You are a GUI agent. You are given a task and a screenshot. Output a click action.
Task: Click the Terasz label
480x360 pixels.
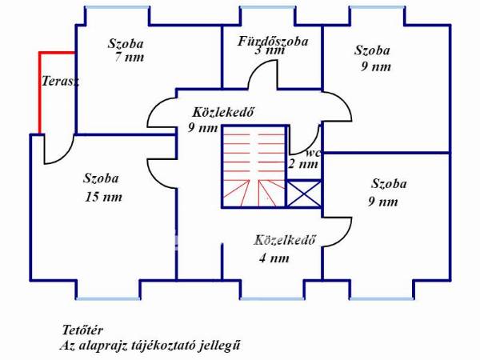click(x=60, y=81)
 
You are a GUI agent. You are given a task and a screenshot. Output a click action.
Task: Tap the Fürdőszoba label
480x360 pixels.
click(x=273, y=42)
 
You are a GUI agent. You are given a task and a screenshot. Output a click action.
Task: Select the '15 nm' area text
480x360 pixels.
click(x=103, y=197)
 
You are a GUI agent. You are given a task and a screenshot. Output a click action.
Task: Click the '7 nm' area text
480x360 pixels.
click(x=130, y=58)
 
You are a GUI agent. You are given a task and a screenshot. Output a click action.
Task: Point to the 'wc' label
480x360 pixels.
click(x=313, y=153)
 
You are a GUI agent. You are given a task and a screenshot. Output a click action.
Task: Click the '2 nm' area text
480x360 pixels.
click(x=303, y=164)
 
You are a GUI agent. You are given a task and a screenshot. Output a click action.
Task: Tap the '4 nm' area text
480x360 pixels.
click(x=274, y=258)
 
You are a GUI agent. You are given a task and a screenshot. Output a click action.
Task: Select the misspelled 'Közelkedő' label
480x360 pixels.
click(x=284, y=240)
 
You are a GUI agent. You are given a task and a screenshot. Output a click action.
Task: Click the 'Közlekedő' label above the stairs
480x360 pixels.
click(x=223, y=112)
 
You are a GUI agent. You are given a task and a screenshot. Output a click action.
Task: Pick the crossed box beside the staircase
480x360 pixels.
click(x=304, y=194)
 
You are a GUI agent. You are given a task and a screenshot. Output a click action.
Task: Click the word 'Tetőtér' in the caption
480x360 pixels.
click(x=82, y=330)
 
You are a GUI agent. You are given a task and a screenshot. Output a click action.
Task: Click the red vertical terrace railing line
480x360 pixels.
click(x=40, y=93)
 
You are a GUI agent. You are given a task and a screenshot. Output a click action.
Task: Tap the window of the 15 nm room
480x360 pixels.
click(x=108, y=298)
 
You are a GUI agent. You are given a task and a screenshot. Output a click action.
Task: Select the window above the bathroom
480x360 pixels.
click(x=268, y=7)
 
